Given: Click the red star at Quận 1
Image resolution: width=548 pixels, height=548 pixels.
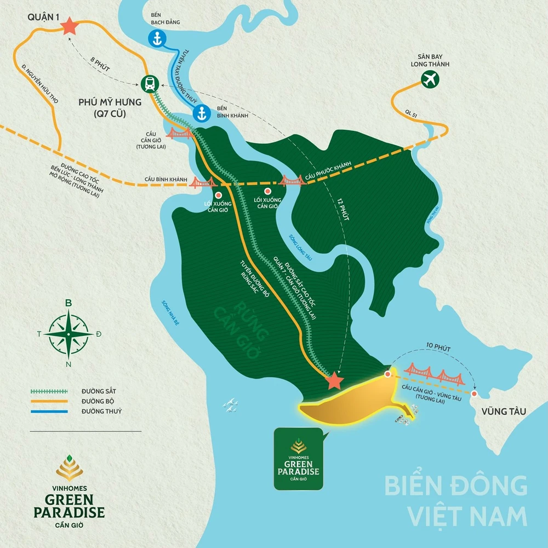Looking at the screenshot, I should (69, 27).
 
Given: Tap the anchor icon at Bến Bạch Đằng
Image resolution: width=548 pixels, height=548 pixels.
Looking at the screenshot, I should (157, 38).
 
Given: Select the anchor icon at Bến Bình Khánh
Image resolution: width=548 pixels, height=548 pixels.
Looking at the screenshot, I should (201, 113).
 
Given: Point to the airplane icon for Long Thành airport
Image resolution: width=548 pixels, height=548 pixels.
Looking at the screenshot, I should (431, 80).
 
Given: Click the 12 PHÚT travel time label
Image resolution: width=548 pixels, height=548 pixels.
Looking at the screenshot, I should (339, 208).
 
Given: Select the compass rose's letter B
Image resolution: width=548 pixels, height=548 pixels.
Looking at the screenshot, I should (68, 302).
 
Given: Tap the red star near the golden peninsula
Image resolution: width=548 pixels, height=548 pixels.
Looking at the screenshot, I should (334, 380).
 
